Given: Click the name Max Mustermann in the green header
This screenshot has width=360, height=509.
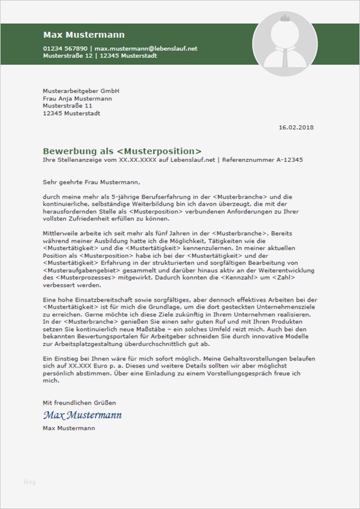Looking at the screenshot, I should (x=83, y=35).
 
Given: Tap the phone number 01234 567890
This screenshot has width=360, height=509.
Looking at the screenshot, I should (x=65, y=48).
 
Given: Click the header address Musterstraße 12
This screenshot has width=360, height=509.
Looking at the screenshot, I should (x=68, y=55).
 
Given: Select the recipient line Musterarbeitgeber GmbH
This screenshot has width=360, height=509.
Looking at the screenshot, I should (x=81, y=91).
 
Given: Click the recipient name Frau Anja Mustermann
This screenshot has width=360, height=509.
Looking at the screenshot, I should (x=77, y=98).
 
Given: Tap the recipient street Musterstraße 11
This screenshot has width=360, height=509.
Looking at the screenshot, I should (x=67, y=106).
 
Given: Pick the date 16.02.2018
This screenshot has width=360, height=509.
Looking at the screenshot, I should (x=296, y=127).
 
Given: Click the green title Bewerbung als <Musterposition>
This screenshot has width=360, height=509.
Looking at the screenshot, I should (x=122, y=151).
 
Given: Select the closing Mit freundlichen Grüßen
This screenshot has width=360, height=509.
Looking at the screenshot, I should (x=79, y=402).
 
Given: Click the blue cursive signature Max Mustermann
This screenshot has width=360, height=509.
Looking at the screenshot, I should (x=82, y=415).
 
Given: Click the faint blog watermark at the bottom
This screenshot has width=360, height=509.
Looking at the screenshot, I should (x=29, y=481).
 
